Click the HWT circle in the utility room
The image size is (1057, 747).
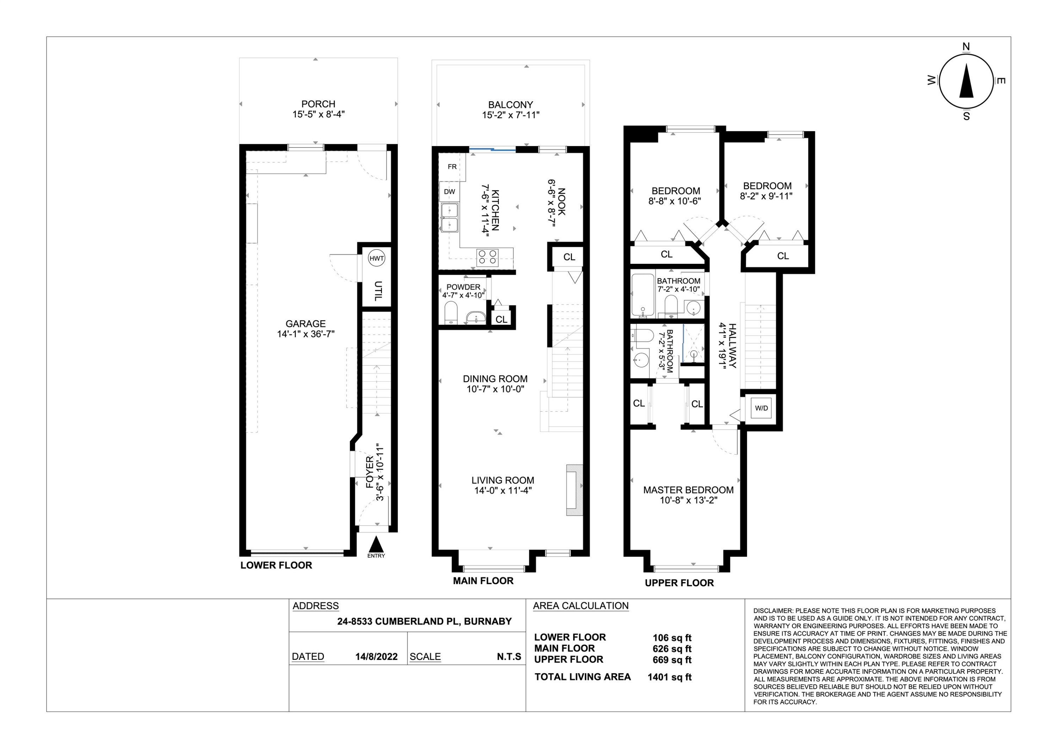point(376,259)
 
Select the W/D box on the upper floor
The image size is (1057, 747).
point(761,408)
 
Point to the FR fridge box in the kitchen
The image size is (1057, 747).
point(452,167)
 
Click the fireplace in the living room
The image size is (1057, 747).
point(575,490)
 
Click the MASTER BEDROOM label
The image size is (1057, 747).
point(688,490)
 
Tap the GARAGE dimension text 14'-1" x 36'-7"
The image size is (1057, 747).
point(306,334)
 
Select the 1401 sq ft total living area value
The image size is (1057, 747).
point(669,677)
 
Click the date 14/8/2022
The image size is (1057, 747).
point(376,657)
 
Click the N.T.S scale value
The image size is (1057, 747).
point(509,657)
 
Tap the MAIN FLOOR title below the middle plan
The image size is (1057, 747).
point(483,581)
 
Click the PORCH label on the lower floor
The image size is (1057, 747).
point(318,104)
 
